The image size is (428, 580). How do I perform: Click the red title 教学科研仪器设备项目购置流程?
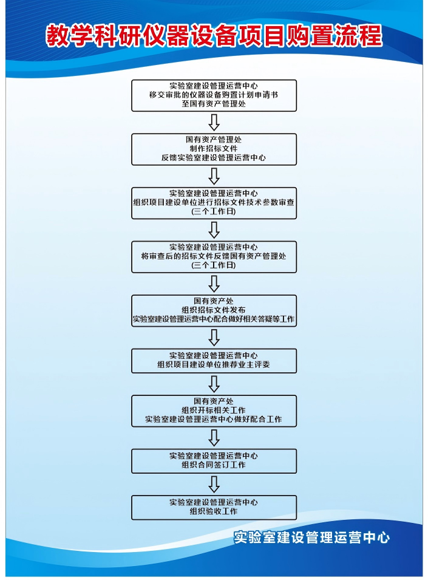tap(214, 36)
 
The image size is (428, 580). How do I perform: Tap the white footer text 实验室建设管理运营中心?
tap(311, 537)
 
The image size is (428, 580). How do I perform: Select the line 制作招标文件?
tap(214, 149)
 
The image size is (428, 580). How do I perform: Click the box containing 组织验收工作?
tap(214, 508)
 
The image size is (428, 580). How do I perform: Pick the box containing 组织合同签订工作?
tap(214, 461)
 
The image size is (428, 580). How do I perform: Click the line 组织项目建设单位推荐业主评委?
tap(214, 364)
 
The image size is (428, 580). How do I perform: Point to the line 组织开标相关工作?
tap(214, 410)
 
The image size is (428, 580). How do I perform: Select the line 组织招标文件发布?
tap(214, 310)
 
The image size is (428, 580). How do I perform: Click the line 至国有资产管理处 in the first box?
tap(214, 104)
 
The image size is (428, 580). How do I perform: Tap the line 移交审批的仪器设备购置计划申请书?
tap(214, 95)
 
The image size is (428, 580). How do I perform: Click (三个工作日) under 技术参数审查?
tap(214, 211)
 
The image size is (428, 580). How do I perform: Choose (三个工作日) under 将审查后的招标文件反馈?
tap(214, 265)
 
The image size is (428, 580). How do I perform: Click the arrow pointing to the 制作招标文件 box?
tap(214, 122)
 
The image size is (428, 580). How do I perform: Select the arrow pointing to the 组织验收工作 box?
tap(214, 484)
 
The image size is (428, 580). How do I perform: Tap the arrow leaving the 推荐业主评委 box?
tap(214, 384)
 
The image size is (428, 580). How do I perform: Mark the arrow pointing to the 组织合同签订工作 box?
tap(214, 438)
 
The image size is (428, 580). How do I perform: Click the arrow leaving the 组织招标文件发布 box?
tap(214, 337)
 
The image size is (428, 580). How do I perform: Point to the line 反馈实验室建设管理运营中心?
tap(214, 158)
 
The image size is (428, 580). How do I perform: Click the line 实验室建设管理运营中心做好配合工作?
tap(214, 420)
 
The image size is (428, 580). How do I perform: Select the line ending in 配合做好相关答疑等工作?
tap(214, 319)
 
